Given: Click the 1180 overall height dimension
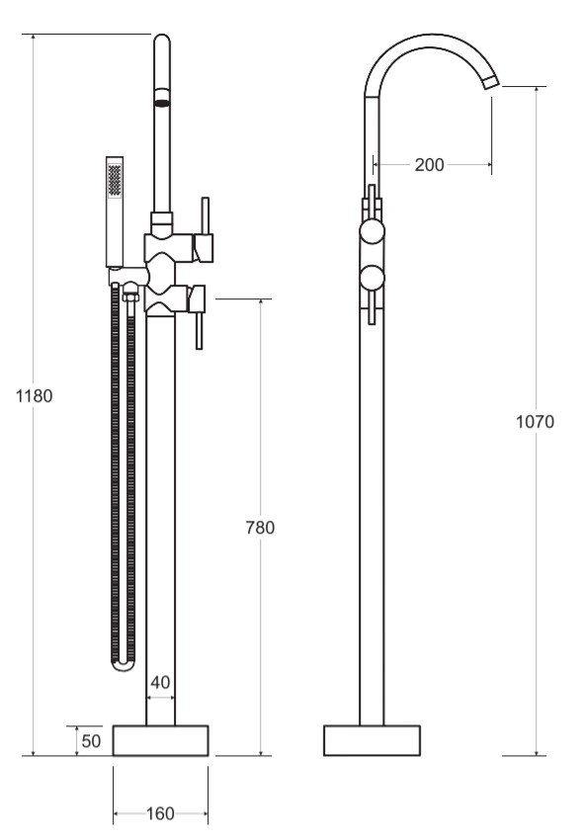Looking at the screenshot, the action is [35, 396].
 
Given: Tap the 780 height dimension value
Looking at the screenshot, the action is [260, 528].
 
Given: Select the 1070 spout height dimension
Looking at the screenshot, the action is [536, 422].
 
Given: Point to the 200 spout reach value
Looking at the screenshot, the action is [429, 165].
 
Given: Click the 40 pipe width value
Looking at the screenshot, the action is [160, 682].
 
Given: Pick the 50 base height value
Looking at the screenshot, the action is [92, 740].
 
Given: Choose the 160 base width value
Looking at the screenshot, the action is [160, 814].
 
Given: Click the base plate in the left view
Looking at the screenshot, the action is [160, 740].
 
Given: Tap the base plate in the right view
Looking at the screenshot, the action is [372, 740].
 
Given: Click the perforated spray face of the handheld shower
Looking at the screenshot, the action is [115, 179].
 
